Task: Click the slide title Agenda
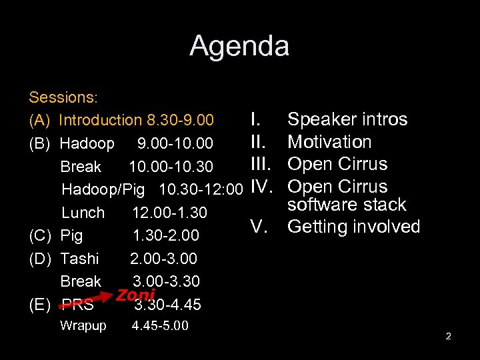pos(239,46)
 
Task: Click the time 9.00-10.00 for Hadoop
pos(175,143)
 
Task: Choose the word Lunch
pos(83,213)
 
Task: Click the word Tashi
pos(79,259)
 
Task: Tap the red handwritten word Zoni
pos(135,295)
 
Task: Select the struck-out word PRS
pos(77,305)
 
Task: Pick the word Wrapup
pos(83,326)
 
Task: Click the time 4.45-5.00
pos(160,326)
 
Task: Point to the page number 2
pos(448,336)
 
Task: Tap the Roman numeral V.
pos(259,227)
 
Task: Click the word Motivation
pos(329,142)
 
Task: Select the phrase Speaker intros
pos(347,120)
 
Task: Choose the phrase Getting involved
pos(353,227)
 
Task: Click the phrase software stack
pos(347,205)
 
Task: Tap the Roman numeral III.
pos(260,164)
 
